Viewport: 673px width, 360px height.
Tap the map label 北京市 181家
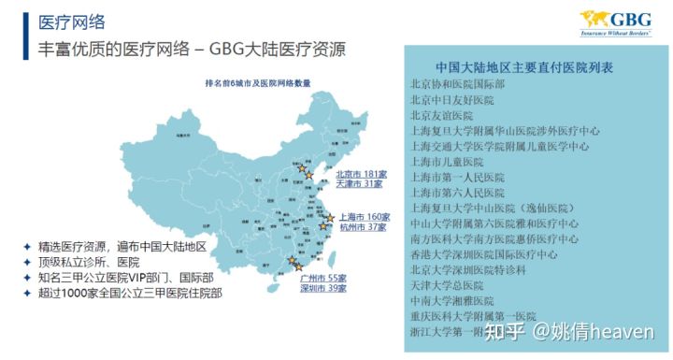[361, 174]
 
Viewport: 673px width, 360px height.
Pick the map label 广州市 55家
[322, 279]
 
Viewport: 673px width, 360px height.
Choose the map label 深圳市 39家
[322, 289]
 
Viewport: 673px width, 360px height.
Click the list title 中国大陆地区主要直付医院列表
[524, 69]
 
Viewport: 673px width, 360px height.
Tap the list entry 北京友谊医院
[447, 115]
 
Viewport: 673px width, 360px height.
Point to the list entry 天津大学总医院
[452, 284]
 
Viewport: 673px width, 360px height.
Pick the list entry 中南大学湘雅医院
[458, 300]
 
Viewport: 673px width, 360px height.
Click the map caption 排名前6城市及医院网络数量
[256, 83]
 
